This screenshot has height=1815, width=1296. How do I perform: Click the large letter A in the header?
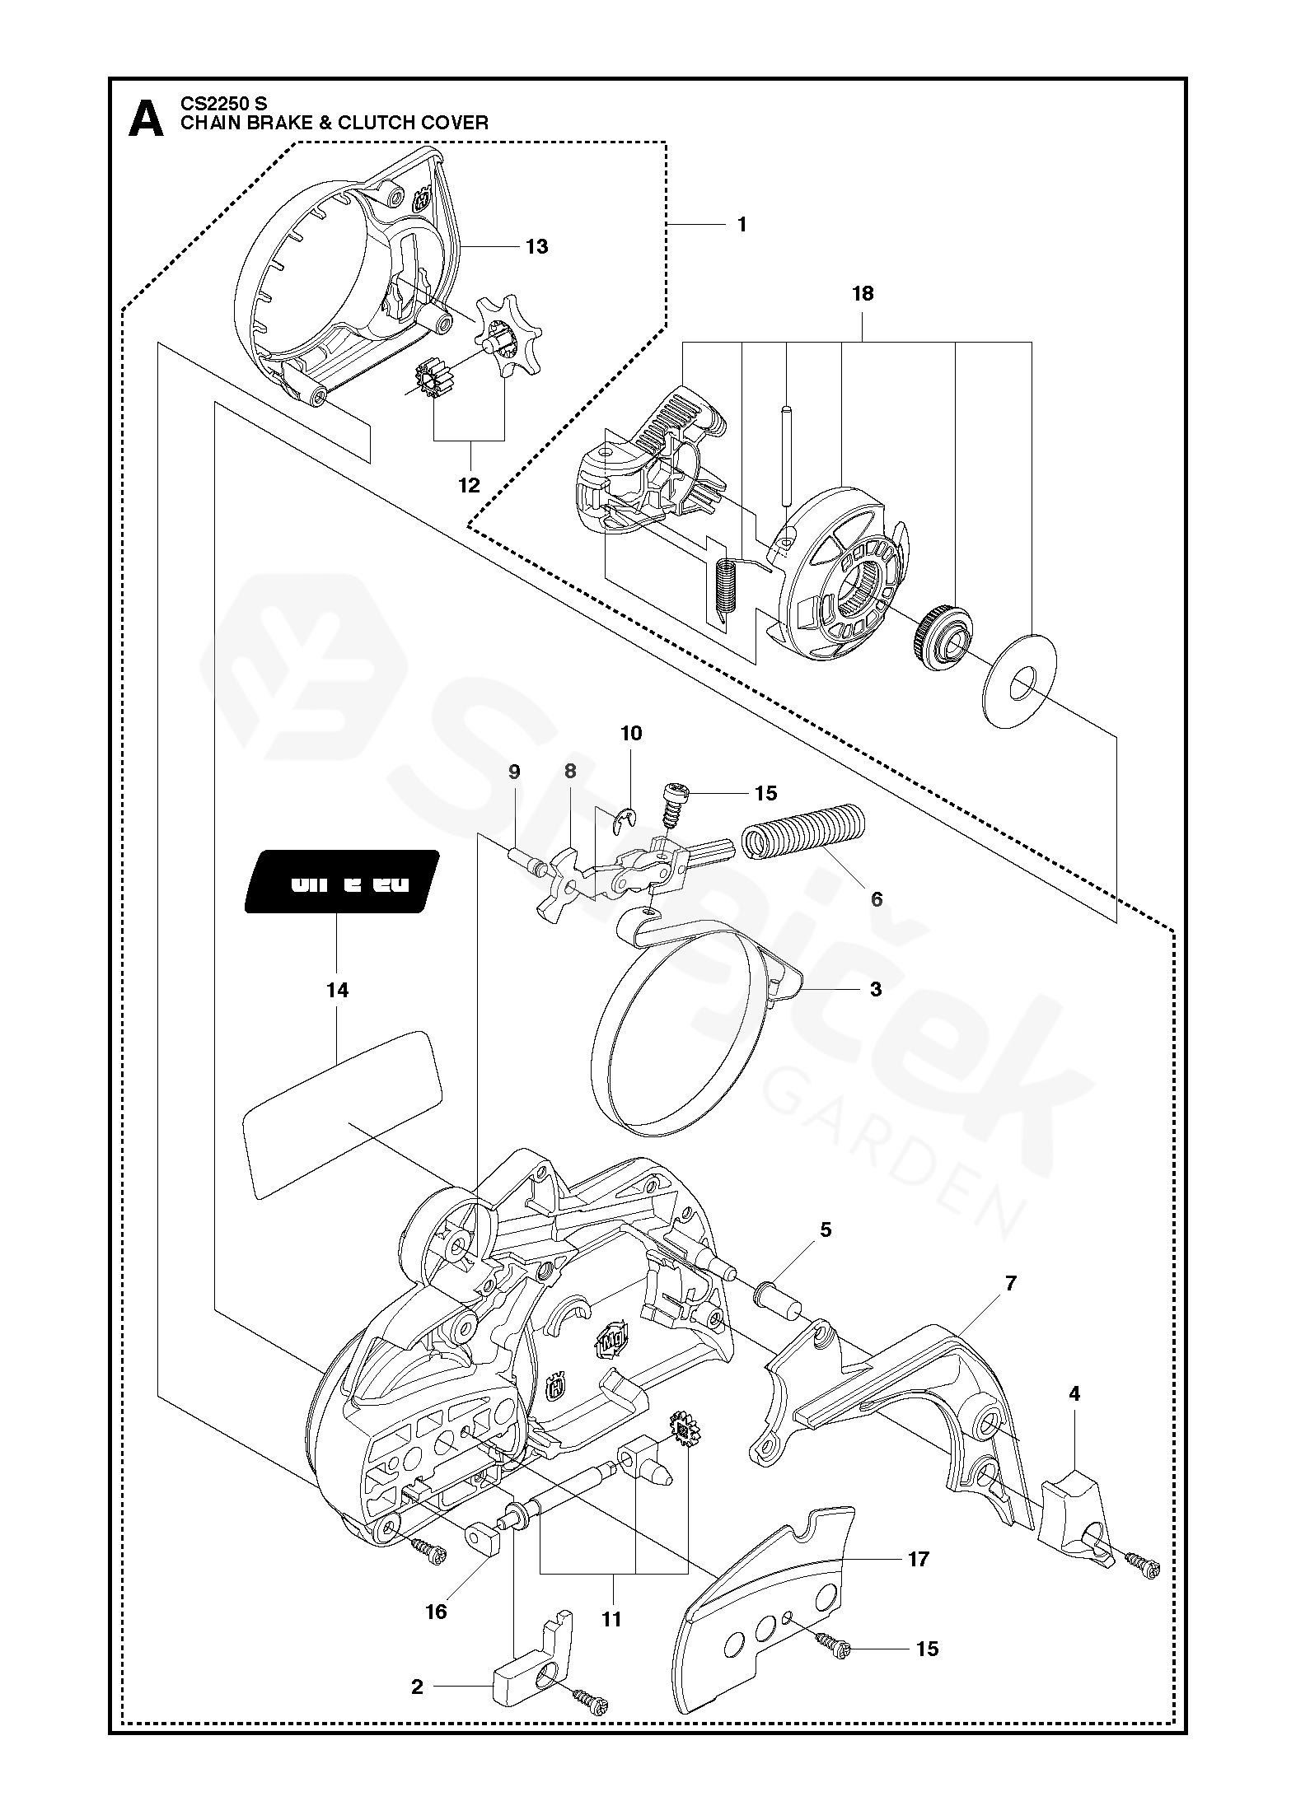[147, 119]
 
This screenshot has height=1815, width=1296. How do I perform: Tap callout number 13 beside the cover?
[536, 246]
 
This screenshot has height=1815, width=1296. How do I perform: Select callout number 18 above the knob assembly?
[863, 294]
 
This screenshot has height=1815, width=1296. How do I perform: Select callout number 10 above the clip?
[631, 734]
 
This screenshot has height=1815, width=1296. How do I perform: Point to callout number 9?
[514, 772]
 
